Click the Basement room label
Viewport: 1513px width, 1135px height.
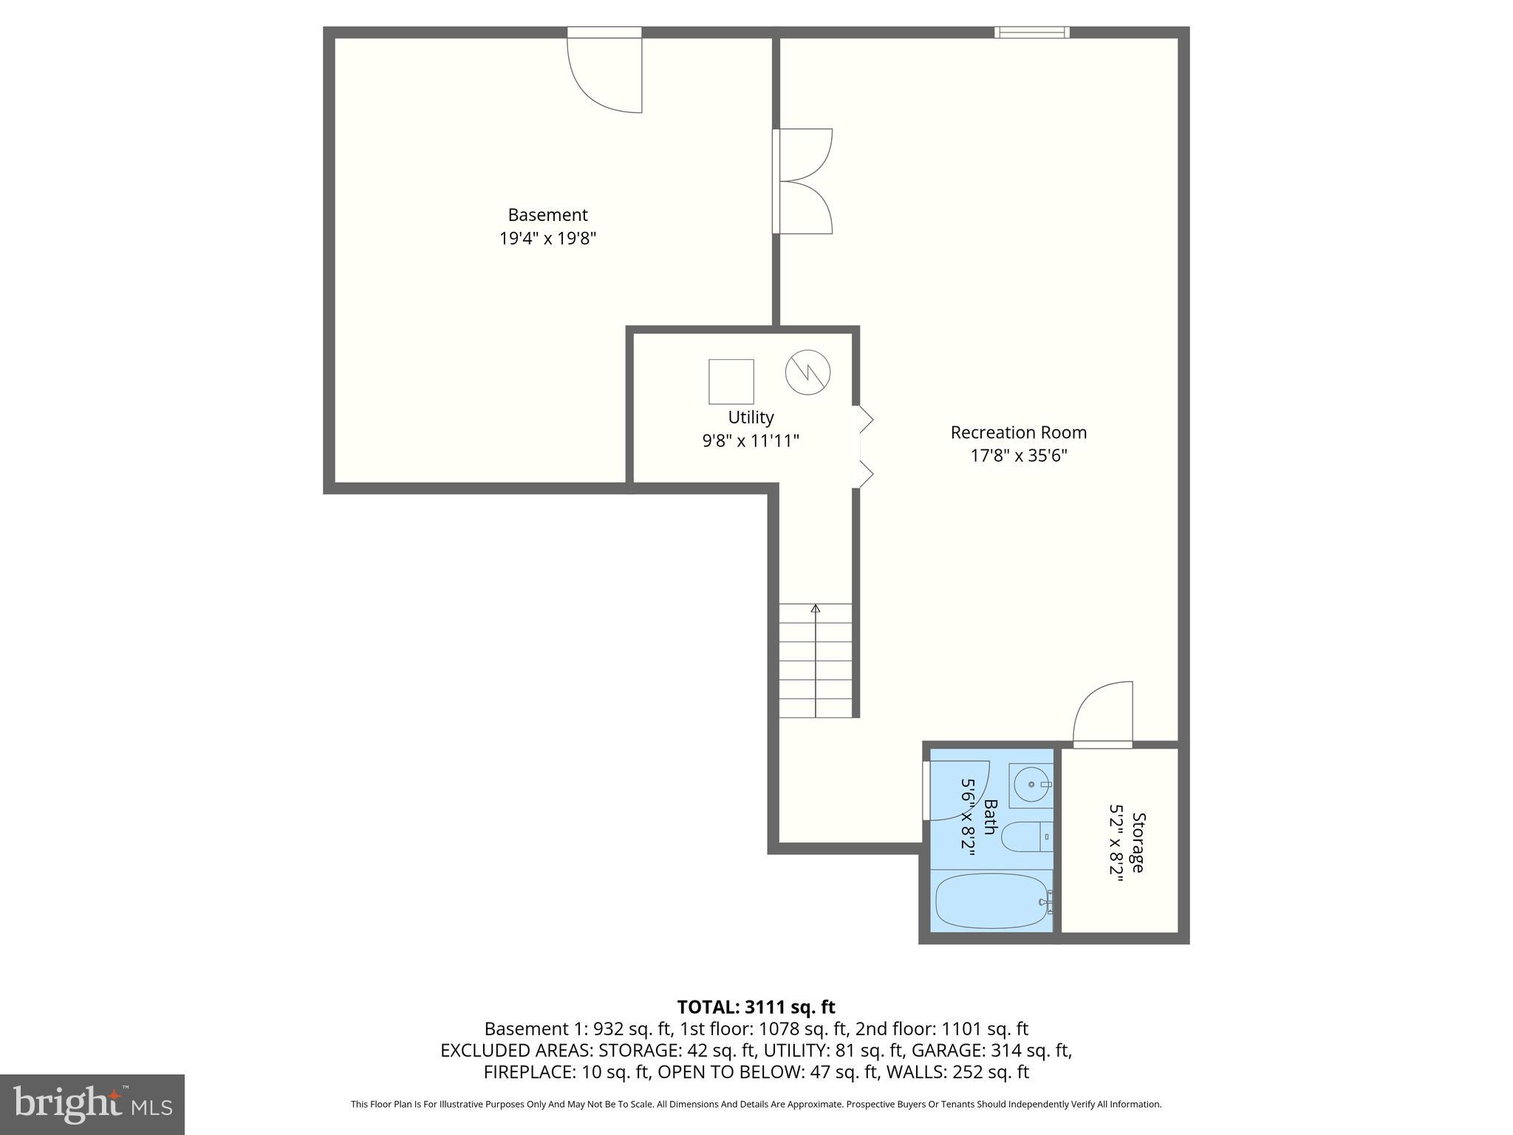(547, 215)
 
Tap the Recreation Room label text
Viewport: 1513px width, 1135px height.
(1018, 432)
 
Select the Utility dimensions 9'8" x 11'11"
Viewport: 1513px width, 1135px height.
(751, 441)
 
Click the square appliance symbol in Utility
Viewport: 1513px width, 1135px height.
(731, 381)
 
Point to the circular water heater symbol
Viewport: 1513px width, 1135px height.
(807, 372)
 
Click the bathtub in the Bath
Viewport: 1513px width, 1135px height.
(991, 901)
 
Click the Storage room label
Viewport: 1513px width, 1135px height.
(1138, 842)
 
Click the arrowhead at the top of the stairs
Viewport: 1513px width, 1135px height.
(816, 608)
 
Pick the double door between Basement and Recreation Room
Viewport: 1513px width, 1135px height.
(802, 181)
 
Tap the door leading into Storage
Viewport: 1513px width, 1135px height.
(1103, 715)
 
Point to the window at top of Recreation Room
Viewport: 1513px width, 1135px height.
(1031, 32)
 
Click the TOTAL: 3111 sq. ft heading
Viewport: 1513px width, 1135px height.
(756, 1007)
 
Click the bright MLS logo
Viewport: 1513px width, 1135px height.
(92, 1104)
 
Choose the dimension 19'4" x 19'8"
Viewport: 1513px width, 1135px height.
(547, 239)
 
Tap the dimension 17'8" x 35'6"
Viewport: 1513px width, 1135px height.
(1018, 456)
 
